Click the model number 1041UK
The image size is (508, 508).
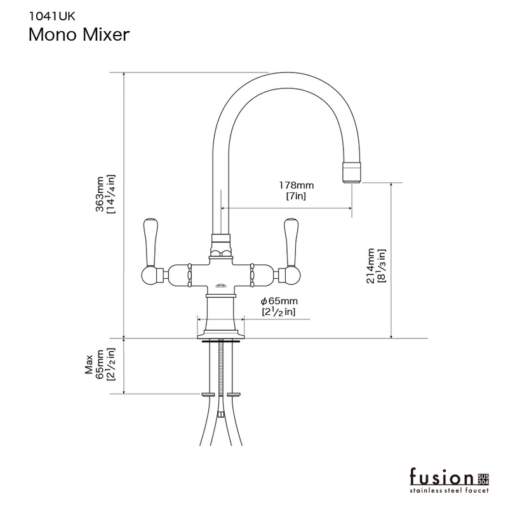[x=52, y=17]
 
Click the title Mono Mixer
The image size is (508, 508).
[x=79, y=35]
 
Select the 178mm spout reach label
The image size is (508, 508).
[x=297, y=185]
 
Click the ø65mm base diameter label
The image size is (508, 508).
[x=279, y=301]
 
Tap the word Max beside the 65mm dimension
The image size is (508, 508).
[x=89, y=364]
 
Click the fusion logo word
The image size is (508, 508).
[x=441, y=478]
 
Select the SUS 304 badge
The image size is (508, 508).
[x=483, y=479]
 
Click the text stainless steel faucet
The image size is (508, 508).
[x=449, y=490]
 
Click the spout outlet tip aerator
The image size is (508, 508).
[x=352, y=172]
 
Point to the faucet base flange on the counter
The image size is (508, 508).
[x=220, y=335]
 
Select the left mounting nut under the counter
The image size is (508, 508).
[x=208, y=394]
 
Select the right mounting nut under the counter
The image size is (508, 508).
[x=234, y=394]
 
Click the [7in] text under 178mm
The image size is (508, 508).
[x=296, y=196]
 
